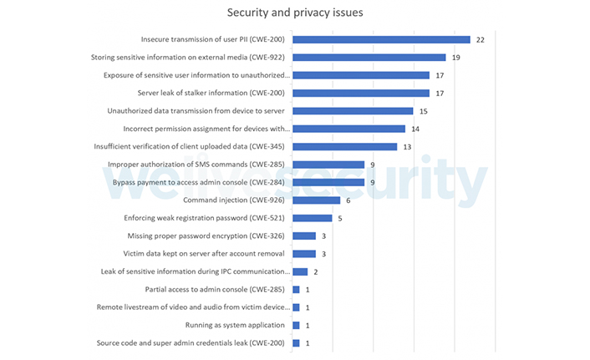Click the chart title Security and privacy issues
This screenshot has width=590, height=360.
[x=294, y=13]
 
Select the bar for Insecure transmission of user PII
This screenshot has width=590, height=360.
[x=381, y=39]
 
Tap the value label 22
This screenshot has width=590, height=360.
[x=481, y=39]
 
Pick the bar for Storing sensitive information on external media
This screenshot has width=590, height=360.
[x=369, y=58]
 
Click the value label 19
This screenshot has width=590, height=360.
[x=456, y=58]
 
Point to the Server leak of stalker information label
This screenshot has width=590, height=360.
[x=213, y=93]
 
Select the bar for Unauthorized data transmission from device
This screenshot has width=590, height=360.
[x=353, y=111]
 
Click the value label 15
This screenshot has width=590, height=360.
[x=424, y=111]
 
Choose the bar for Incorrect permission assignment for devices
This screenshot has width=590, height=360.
[x=348, y=129]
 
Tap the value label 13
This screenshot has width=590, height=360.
[x=407, y=147]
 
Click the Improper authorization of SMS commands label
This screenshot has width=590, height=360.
[x=199, y=165]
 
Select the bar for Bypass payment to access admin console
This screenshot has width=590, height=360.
[x=328, y=182]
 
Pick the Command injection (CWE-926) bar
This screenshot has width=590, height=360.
[x=316, y=200]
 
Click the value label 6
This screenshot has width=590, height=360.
[x=348, y=200]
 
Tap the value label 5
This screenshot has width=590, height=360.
[x=339, y=218]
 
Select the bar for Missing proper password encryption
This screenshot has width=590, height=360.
[x=304, y=236]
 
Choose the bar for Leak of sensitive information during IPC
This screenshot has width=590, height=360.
[x=300, y=271]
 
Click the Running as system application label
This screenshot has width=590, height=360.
[x=235, y=325]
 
